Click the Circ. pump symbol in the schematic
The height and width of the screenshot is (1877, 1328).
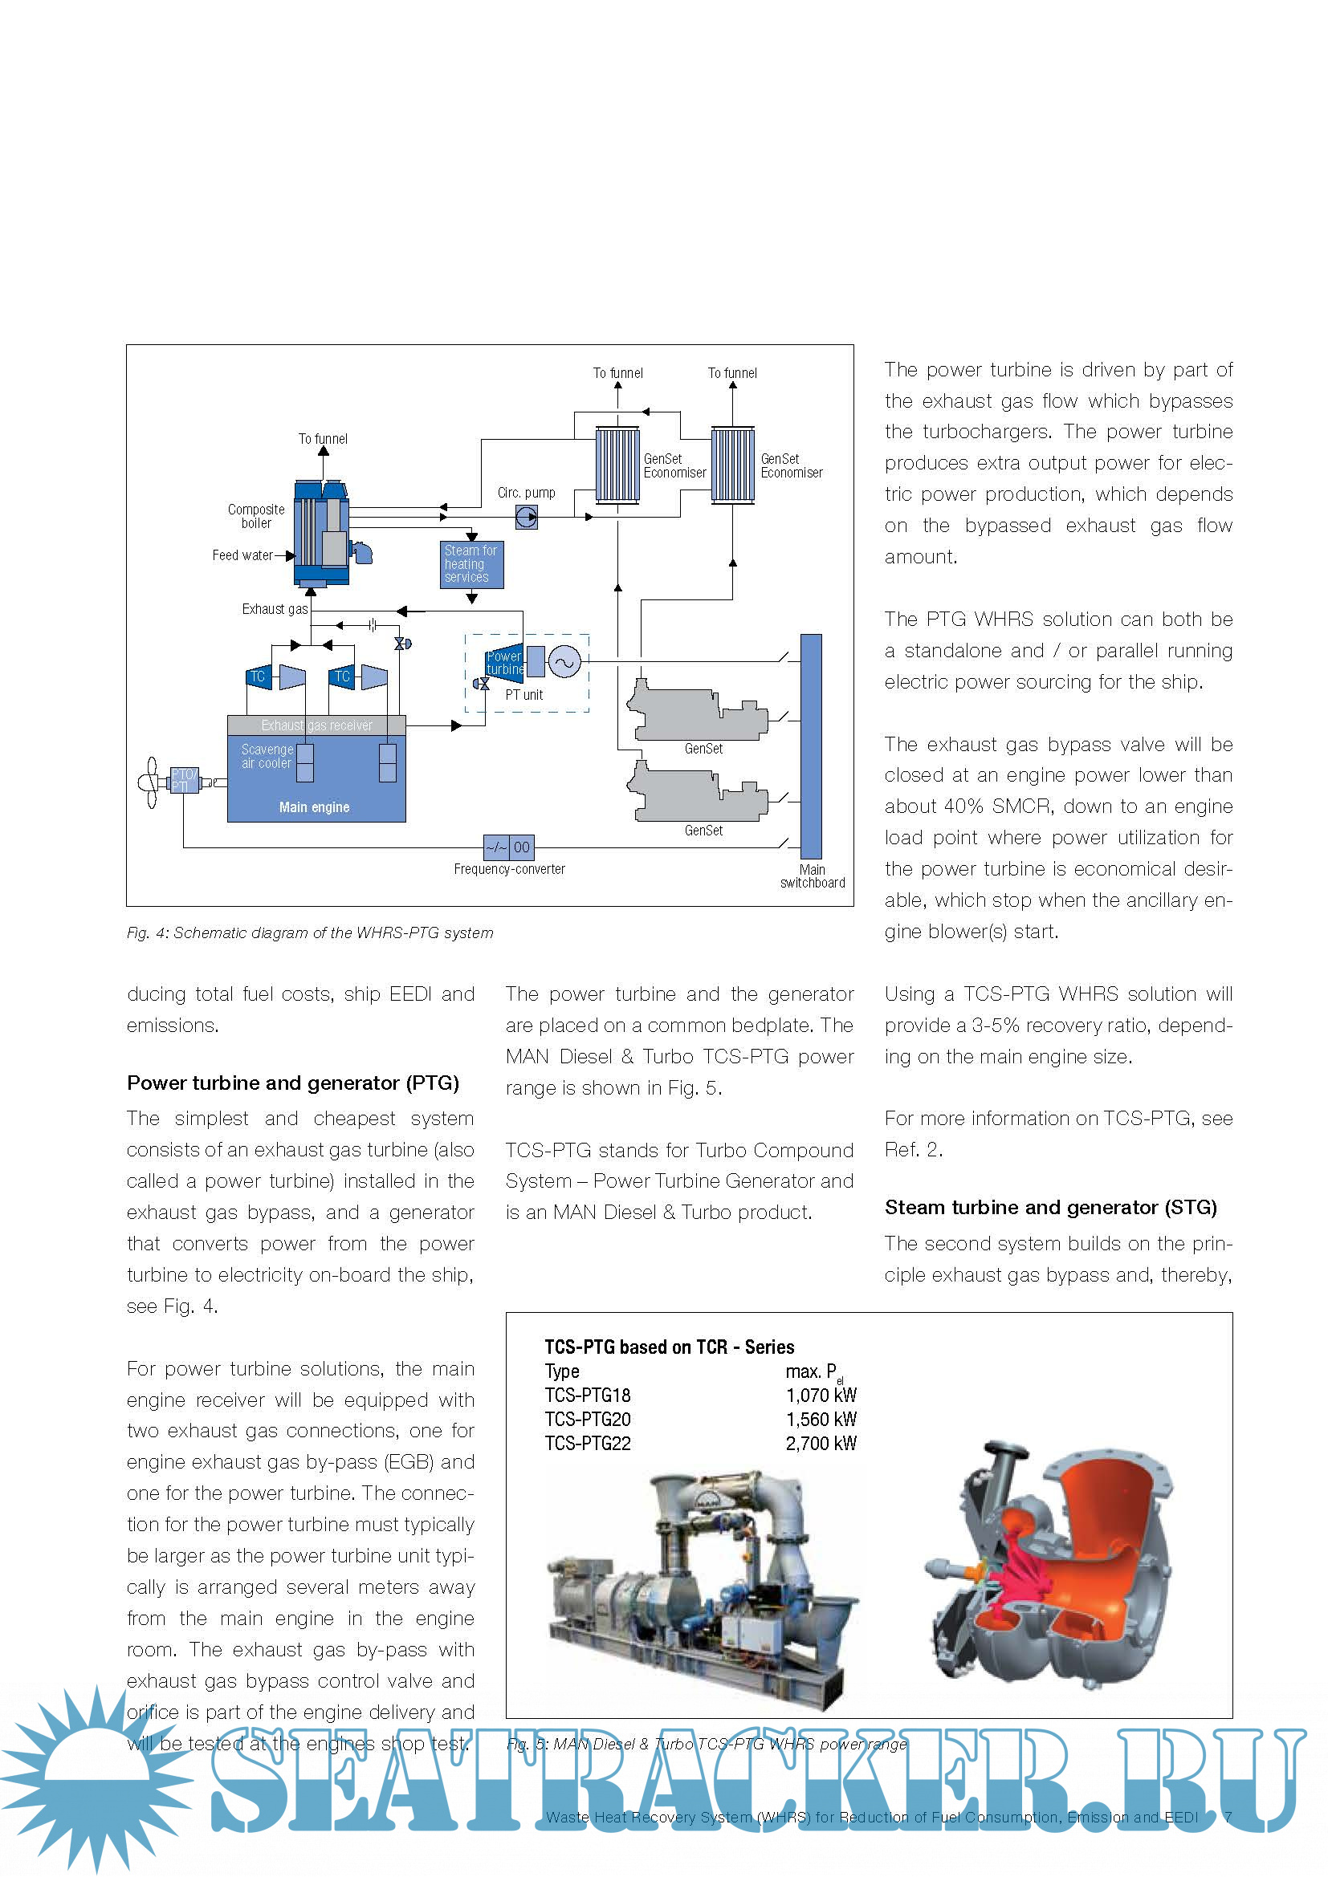(527, 517)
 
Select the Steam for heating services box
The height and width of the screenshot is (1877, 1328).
(472, 564)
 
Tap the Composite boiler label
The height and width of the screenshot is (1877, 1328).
(256, 516)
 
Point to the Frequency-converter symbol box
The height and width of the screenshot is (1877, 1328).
(508, 847)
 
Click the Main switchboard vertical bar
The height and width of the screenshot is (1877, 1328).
(810, 746)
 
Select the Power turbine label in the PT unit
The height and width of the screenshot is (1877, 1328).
(503, 662)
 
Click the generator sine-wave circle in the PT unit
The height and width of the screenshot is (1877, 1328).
(564, 662)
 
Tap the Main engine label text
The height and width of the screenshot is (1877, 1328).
(314, 806)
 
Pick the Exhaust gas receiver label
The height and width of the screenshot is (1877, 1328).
(316, 725)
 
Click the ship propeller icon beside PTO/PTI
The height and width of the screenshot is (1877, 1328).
(150, 782)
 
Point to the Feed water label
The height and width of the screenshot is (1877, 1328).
(242, 555)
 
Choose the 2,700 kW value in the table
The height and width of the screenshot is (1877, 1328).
(821, 1443)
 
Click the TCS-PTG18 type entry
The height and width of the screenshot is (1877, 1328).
(588, 1395)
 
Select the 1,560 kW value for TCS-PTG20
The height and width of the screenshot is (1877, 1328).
(821, 1420)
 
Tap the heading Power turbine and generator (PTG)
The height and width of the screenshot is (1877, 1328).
(293, 1083)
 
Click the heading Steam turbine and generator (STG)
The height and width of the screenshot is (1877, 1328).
(1050, 1208)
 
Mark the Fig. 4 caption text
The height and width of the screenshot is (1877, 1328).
(310, 932)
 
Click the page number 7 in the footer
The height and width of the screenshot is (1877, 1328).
(1228, 1817)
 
